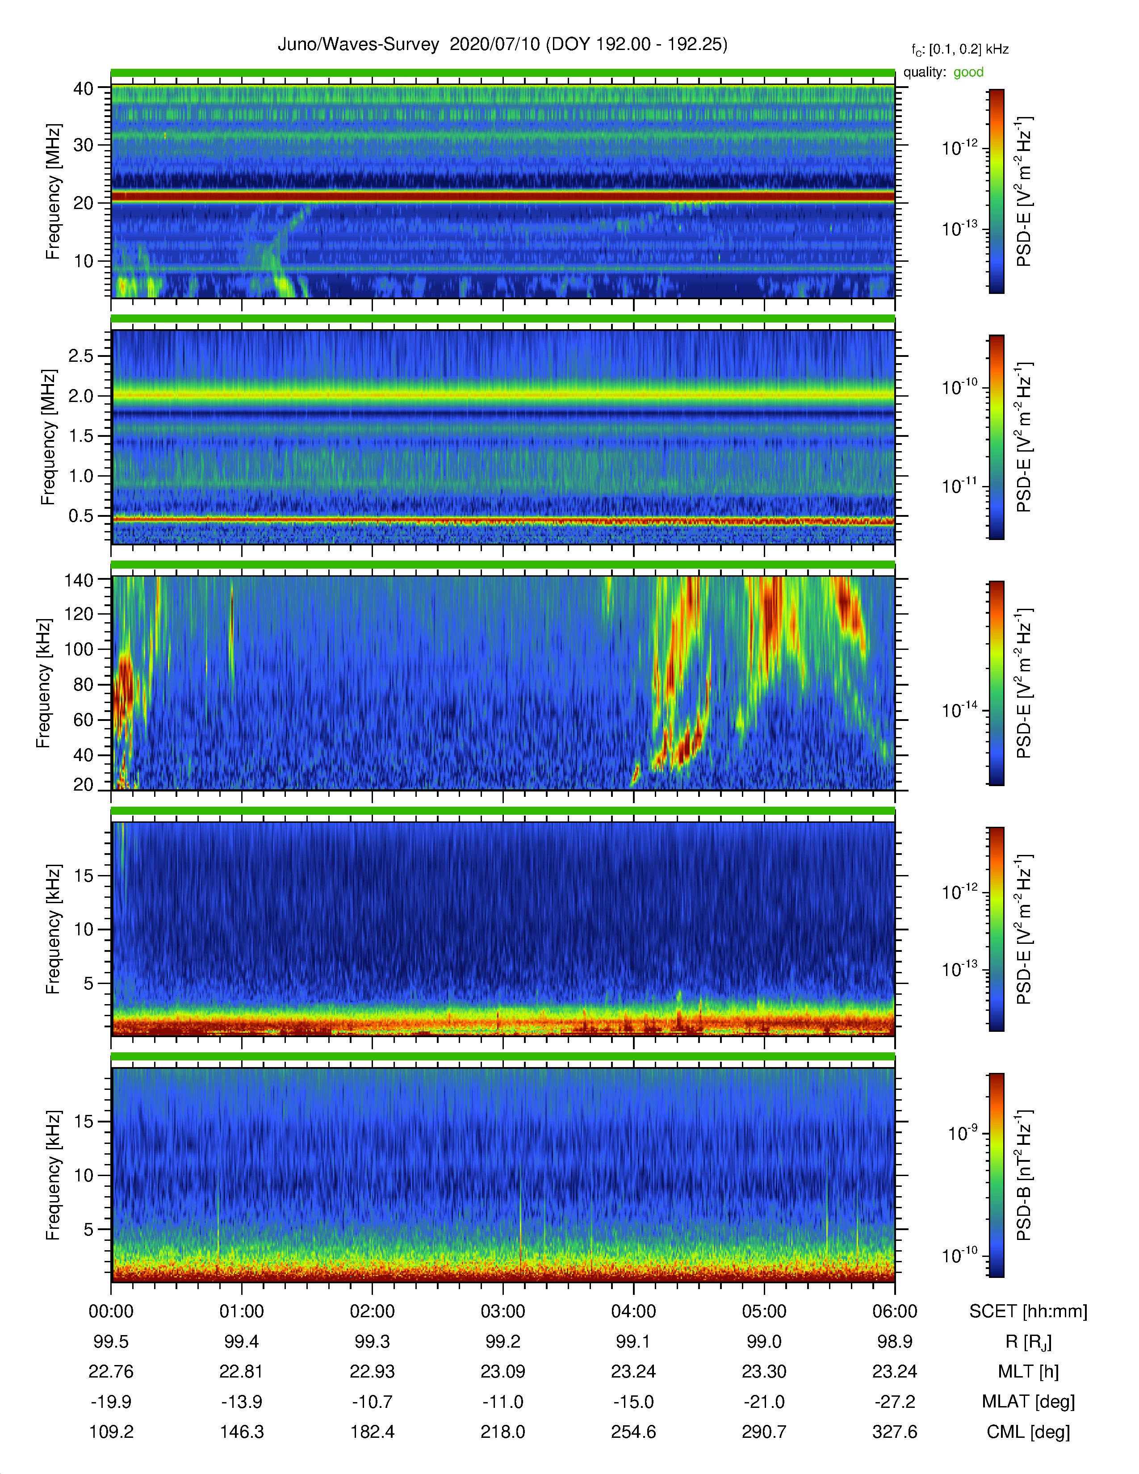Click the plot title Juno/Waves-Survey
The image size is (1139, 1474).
click(x=358, y=45)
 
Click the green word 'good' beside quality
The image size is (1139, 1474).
click(x=968, y=72)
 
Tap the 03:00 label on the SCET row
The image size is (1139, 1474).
click(x=502, y=1311)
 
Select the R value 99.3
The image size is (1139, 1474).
click(x=373, y=1342)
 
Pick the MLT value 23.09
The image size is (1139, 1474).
click(x=502, y=1371)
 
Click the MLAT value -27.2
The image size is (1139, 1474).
click(x=895, y=1402)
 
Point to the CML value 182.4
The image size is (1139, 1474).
click(x=373, y=1432)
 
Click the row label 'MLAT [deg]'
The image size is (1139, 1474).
click(x=1028, y=1402)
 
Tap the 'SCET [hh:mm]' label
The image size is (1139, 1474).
click(x=1028, y=1311)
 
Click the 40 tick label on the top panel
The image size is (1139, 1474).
click(x=84, y=88)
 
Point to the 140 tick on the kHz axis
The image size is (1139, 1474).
click(x=79, y=580)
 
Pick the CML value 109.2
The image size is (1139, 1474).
click(x=111, y=1432)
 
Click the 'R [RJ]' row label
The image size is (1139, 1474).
click(x=1028, y=1342)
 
